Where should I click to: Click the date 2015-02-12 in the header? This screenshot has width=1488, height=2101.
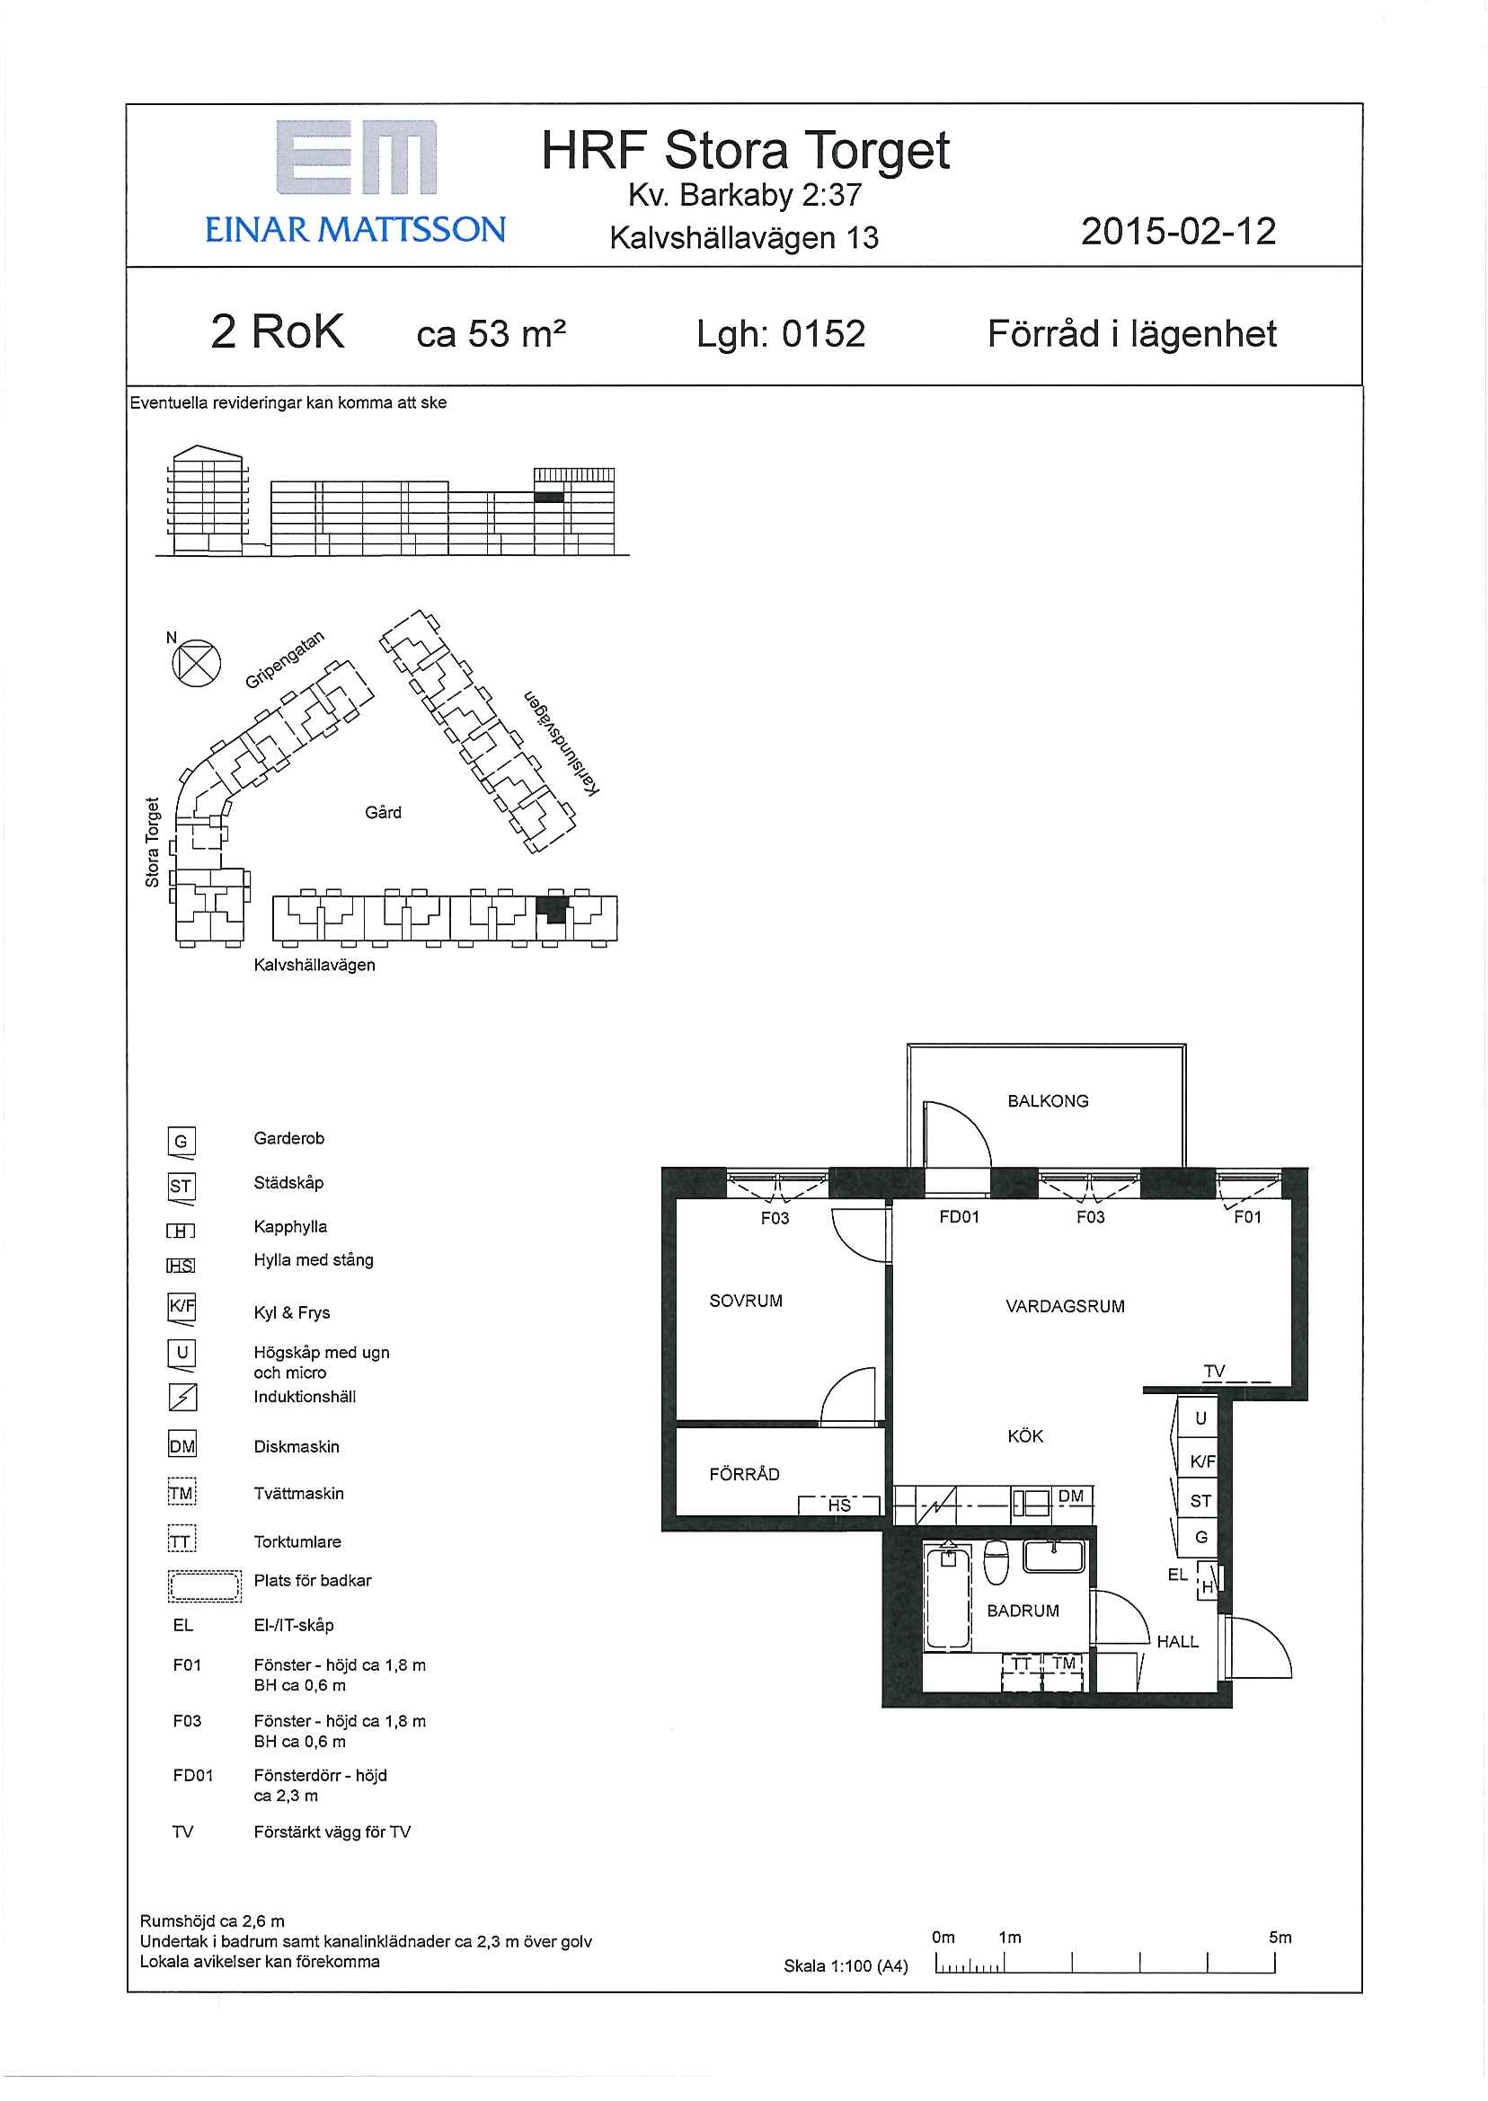(x=1178, y=231)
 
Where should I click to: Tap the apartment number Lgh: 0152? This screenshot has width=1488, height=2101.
(x=781, y=334)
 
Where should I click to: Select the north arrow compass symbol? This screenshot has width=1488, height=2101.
(x=197, y=663)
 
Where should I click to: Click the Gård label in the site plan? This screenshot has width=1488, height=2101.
(x=383, y=812)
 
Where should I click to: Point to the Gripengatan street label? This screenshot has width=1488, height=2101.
(x=285, y=659)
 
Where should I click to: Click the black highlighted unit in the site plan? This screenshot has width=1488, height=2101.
(x=552, y=909)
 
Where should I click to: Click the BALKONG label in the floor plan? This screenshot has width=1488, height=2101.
(x=1049, y=1101)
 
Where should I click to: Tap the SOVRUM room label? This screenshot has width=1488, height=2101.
(x=746, y=1301)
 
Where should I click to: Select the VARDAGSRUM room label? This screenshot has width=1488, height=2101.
(x=1065, y=1306)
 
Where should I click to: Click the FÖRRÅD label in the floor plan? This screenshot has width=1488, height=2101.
(x=744, y=1474)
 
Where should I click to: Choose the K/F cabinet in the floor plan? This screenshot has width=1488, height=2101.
(x=1200, y=1461)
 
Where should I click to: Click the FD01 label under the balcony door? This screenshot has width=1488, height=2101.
(x=960, y=1216)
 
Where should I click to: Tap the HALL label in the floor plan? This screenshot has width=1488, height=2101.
(x=1177, y=1641)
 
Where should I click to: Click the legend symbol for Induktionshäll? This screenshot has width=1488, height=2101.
(x=182, y=1397)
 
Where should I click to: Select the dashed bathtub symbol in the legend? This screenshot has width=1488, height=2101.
(x=204, y=1585)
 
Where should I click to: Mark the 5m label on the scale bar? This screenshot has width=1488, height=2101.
(x=1280, y=1937)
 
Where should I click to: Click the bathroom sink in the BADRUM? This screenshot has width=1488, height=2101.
(x=1054, y=1556)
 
